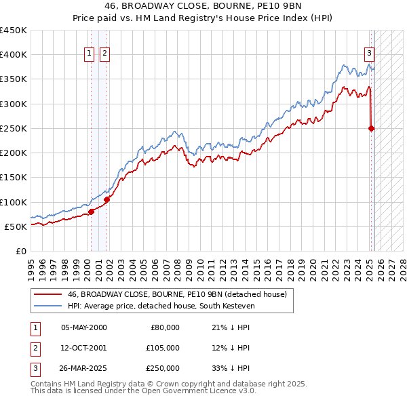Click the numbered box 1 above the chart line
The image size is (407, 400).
pyautogui.click(x=90, y=54)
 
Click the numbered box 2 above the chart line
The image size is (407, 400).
pyautogui.click(x=105, y=54)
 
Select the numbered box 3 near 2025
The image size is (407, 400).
pyautogui.click(x=369, y=54)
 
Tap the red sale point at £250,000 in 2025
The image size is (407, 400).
pyautogui.click(x=371, y=128)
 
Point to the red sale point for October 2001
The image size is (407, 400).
pyautogui.click(x=106, y=199)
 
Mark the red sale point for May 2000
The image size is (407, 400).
pyautogui.click(x=91, y=212)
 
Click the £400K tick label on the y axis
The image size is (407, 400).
pyautogui.click(x=14, y=55)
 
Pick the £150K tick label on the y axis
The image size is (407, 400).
pyautogui.click(x=14, y=178)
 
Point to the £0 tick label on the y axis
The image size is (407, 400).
pyautogui.click(x=20, y=251)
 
